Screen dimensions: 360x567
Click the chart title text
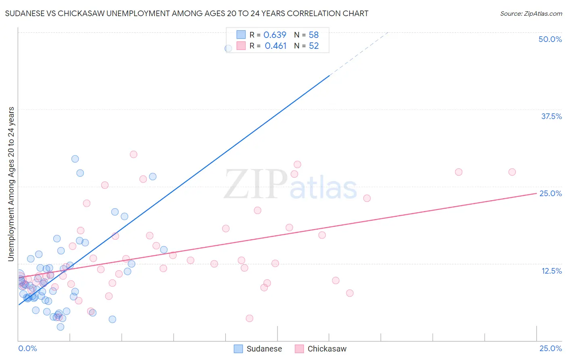coord(187,13)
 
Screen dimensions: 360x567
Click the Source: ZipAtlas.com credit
coord(531,13)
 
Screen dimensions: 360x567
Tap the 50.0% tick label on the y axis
coord(550,39)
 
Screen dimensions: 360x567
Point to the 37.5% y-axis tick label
coord(551,116)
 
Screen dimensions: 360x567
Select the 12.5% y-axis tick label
coord(551,271)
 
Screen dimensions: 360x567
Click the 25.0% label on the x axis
coord(550,348)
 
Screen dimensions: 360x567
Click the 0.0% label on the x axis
coord(27,348)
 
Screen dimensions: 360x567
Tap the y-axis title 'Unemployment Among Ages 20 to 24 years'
coord(11,184)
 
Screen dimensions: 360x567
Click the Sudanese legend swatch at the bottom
coord(238,349)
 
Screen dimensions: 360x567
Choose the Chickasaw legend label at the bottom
coord(327,349)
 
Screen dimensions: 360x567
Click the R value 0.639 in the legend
coord(275,35)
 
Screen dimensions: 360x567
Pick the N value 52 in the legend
coord(314,46)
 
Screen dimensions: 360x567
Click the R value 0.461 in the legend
coord(275,46)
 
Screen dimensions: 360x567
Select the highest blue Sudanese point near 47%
coord(228,48)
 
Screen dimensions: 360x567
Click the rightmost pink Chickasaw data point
coord(512,172)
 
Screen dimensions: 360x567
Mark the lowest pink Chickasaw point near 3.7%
coord(249,318)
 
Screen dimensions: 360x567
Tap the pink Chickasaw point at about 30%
coord(133,154)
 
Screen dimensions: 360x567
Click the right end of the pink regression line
coord(536,194)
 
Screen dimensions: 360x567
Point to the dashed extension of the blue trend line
coord(359,53)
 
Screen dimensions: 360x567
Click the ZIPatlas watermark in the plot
coord(290,185)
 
